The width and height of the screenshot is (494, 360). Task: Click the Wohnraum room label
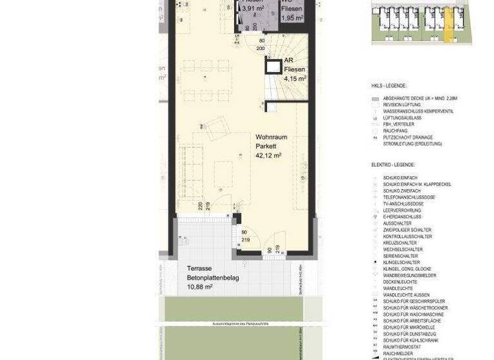271,138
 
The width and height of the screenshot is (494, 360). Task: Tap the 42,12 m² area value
269,156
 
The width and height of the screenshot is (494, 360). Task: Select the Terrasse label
200,269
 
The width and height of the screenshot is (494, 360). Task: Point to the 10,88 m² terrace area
200,287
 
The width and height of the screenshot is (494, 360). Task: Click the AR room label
289,60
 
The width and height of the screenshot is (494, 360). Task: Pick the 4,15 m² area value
295,78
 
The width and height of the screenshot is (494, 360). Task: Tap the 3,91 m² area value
253,9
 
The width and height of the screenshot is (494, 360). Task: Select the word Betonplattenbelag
213,278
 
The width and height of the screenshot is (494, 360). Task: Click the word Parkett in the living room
266,147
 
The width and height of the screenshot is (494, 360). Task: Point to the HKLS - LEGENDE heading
389,85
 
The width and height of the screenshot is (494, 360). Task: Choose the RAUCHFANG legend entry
395,131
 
